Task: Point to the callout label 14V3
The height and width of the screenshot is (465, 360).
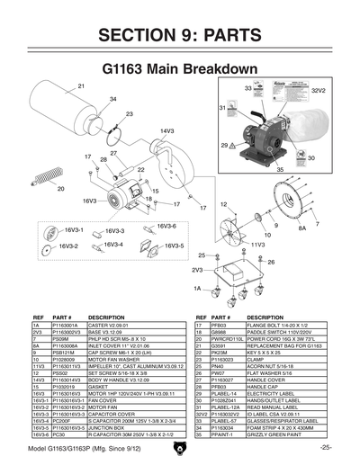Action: [166, 131]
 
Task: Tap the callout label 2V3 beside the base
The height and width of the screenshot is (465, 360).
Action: [196, 269]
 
